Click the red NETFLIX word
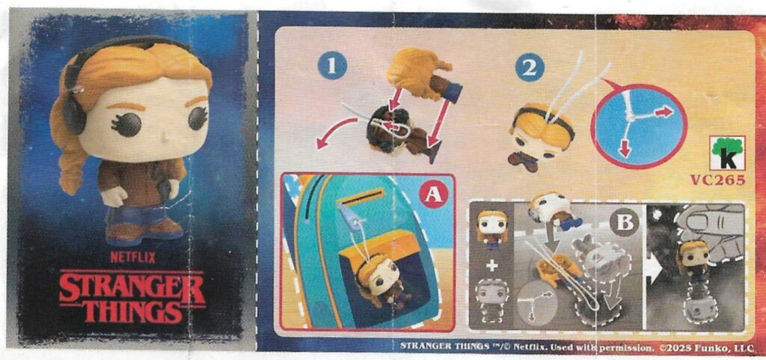(132, 257)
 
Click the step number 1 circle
(332, 65)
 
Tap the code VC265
(717, 180)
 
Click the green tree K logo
(727, 153)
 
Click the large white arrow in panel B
(654, 269)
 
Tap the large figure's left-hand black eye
(129, 124)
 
